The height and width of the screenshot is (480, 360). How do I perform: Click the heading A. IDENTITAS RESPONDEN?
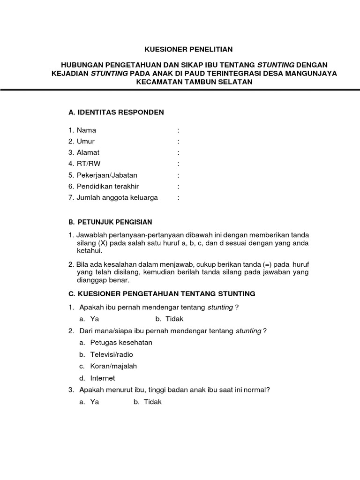click(x=116, y=112)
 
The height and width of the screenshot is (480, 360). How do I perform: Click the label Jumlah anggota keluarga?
click(x=117, y=198)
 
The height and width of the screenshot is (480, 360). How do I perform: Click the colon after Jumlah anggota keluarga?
click(x=179, y=198)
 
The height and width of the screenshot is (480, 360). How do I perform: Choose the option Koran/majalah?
click(x=113, y=366)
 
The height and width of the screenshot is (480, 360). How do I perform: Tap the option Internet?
click(x=103, y=378)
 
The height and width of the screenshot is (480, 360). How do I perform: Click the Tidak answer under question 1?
click(x=174, y=319)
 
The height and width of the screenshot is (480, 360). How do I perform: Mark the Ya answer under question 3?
click(x=95, y=402)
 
